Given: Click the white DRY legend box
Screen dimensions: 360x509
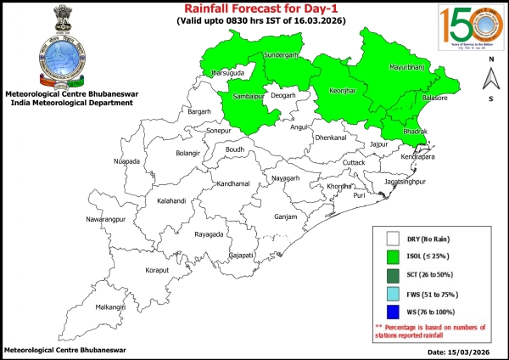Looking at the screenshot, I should click(x=393, y=239).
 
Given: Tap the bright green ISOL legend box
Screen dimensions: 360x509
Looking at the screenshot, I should click(x=393, y=256).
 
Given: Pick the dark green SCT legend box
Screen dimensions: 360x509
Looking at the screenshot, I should click(x=393, y=273).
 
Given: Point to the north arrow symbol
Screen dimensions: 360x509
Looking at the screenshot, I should click(x=489, y=81).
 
